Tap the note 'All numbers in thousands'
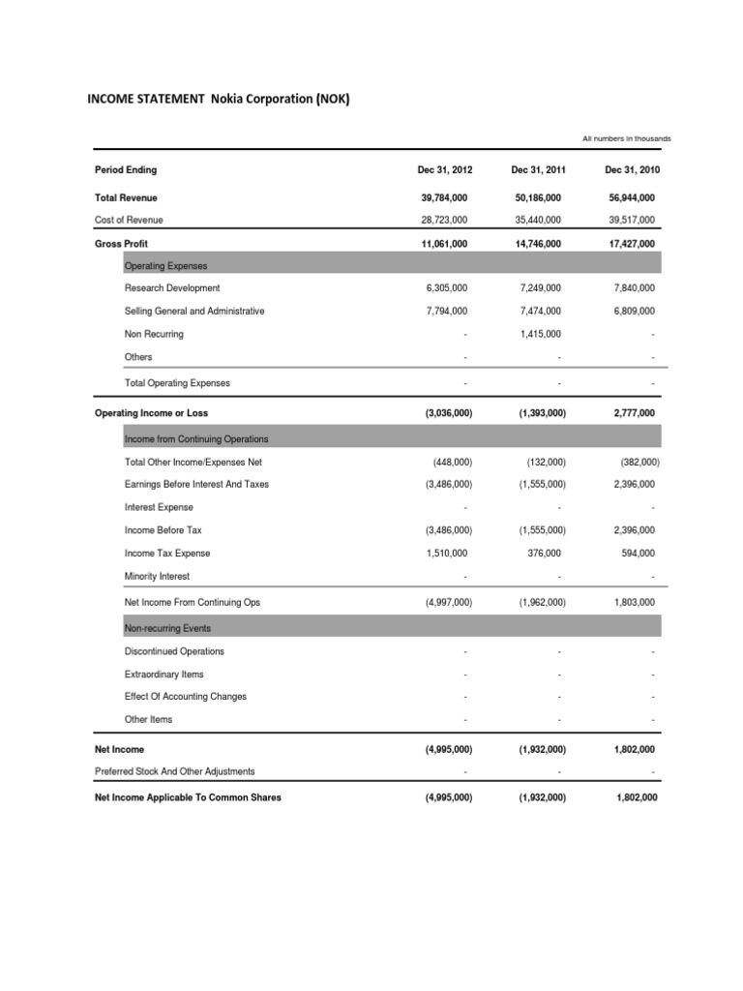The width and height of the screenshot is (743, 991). click(626, 138)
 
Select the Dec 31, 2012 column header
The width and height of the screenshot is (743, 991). click(444, 170)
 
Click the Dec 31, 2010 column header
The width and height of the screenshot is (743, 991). click(632, 170)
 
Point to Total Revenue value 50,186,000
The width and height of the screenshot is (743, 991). click(538, 196)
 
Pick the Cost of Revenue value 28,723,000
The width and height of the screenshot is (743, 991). click(444, 220)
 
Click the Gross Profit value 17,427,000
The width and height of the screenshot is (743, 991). click(632, 244)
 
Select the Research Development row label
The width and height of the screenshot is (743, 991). click(172, 288)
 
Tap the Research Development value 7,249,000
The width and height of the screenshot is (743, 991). click(538, 288)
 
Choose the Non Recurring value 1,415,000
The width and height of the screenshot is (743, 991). click(538, 335)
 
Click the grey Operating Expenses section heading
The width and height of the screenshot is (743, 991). click(165, 265)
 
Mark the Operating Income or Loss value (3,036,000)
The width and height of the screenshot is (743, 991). click(444, 413)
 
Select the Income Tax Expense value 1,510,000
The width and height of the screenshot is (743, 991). click(444, 554)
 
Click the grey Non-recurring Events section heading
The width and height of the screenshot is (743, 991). click(167, 628)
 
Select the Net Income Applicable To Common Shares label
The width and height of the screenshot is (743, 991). click(188, 798)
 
